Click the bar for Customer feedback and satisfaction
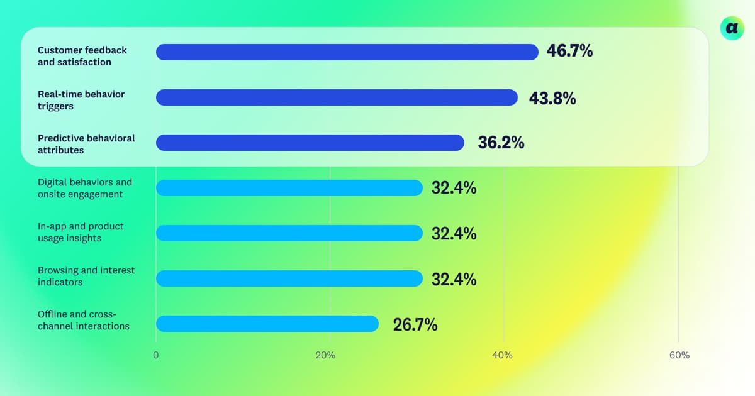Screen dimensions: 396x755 point(347,52)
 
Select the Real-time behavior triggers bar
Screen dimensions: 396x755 point(337,97)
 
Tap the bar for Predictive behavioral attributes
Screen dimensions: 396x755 point(310,143)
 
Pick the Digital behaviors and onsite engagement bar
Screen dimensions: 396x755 point(289,188)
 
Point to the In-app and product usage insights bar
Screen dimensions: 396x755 point(289,233)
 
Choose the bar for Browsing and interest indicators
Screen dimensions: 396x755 point(289,278)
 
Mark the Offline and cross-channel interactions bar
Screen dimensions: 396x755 point(267,324)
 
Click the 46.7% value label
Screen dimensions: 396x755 point(569,52)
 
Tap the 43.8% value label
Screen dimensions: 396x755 point(552,98)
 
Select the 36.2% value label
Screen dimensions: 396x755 point(501,143)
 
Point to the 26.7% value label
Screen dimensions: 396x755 point(415,324)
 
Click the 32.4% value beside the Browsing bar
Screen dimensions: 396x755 point(454,279)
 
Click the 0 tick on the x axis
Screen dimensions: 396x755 point(156,355)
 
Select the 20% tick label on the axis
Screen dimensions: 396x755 point(325,355)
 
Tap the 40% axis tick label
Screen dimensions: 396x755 point(502,355)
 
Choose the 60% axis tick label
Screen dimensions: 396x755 point(679,355)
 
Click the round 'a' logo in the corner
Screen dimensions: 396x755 point(731,28)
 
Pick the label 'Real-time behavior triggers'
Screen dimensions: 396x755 point(81,100)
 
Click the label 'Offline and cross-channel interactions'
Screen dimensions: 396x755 point(84,320)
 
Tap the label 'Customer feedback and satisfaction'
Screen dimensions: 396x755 point(82,56)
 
